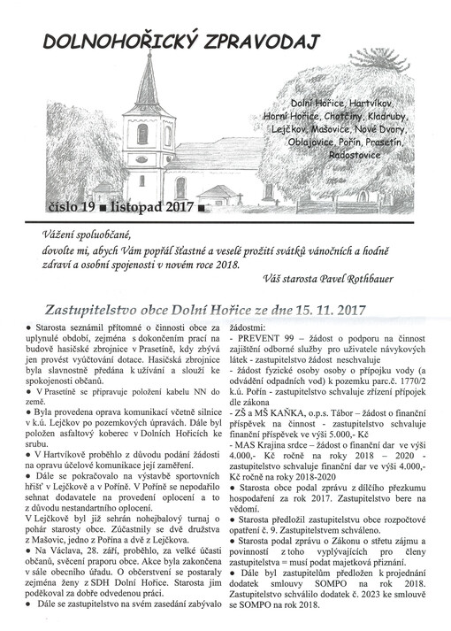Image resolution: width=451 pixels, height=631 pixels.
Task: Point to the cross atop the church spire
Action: pos(146,54)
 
